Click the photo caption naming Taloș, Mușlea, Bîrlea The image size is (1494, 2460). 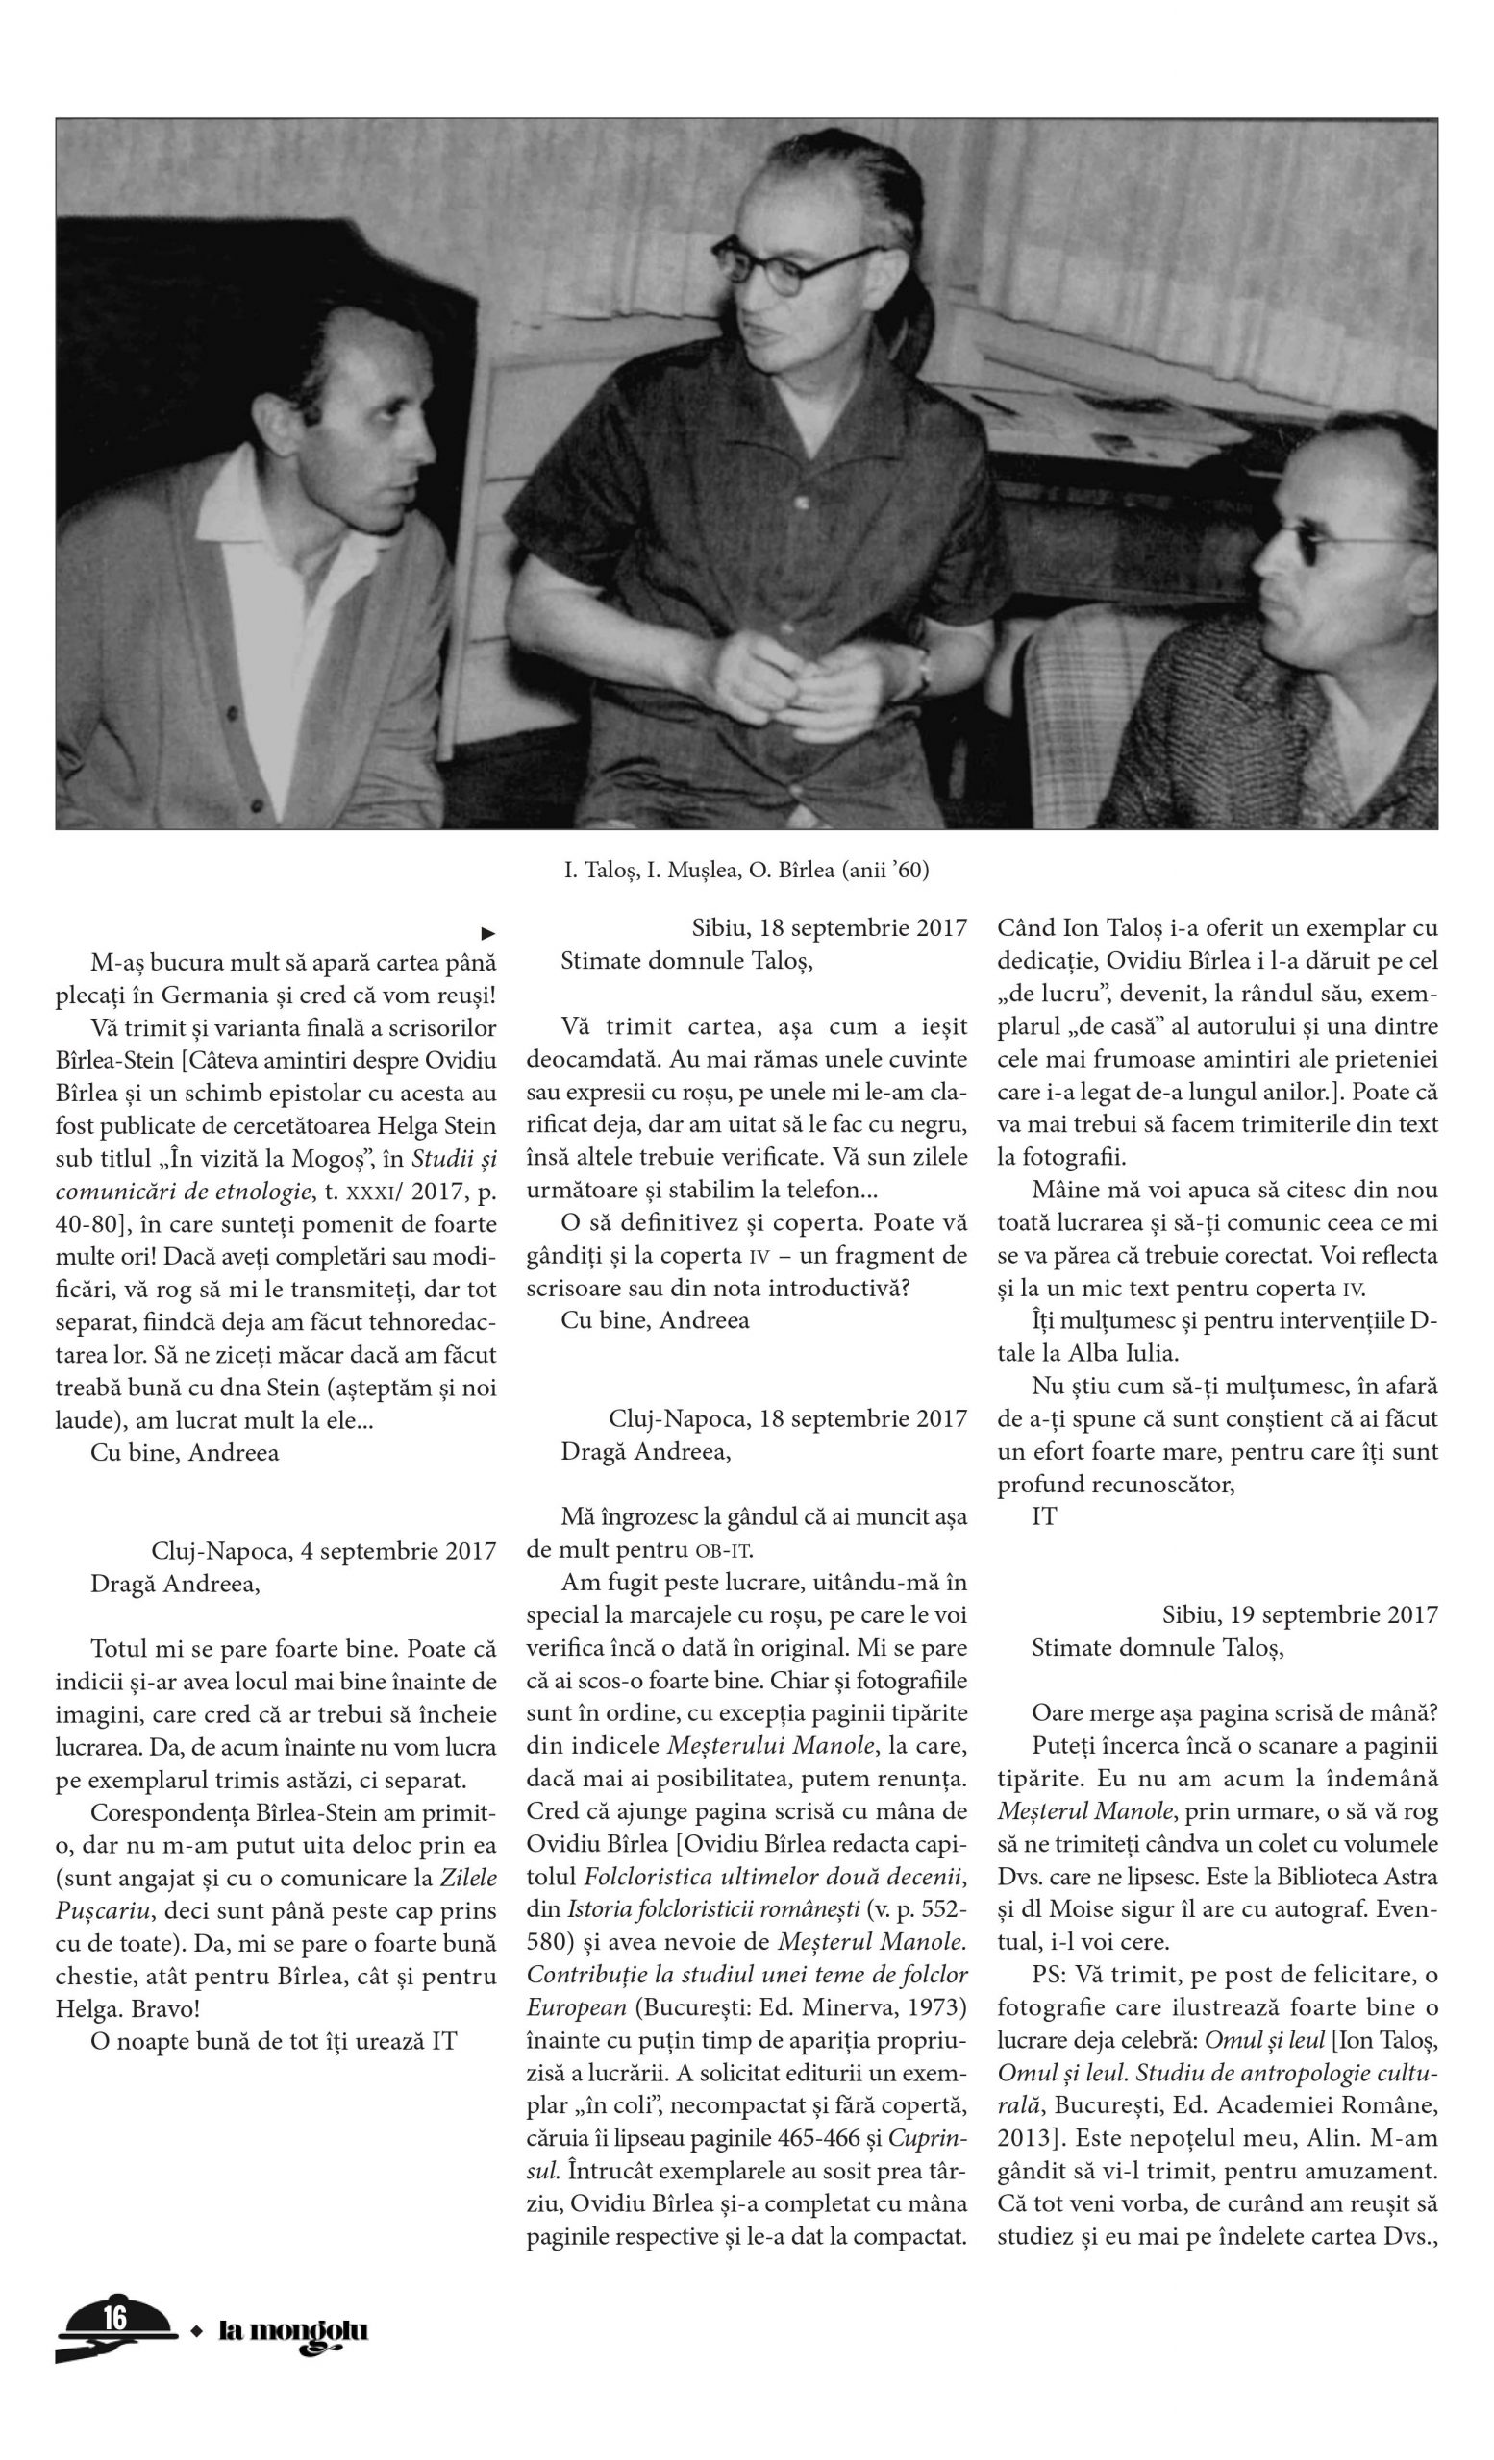click(745, 871)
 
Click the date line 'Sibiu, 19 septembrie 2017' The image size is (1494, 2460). click(1299, 1615)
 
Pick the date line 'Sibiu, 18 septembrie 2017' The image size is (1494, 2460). click(829, 927)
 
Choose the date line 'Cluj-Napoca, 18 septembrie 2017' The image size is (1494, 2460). click(787, 1418)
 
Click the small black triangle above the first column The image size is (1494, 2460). click(488, 933)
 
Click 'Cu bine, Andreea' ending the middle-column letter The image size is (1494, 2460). click(654, 1320)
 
